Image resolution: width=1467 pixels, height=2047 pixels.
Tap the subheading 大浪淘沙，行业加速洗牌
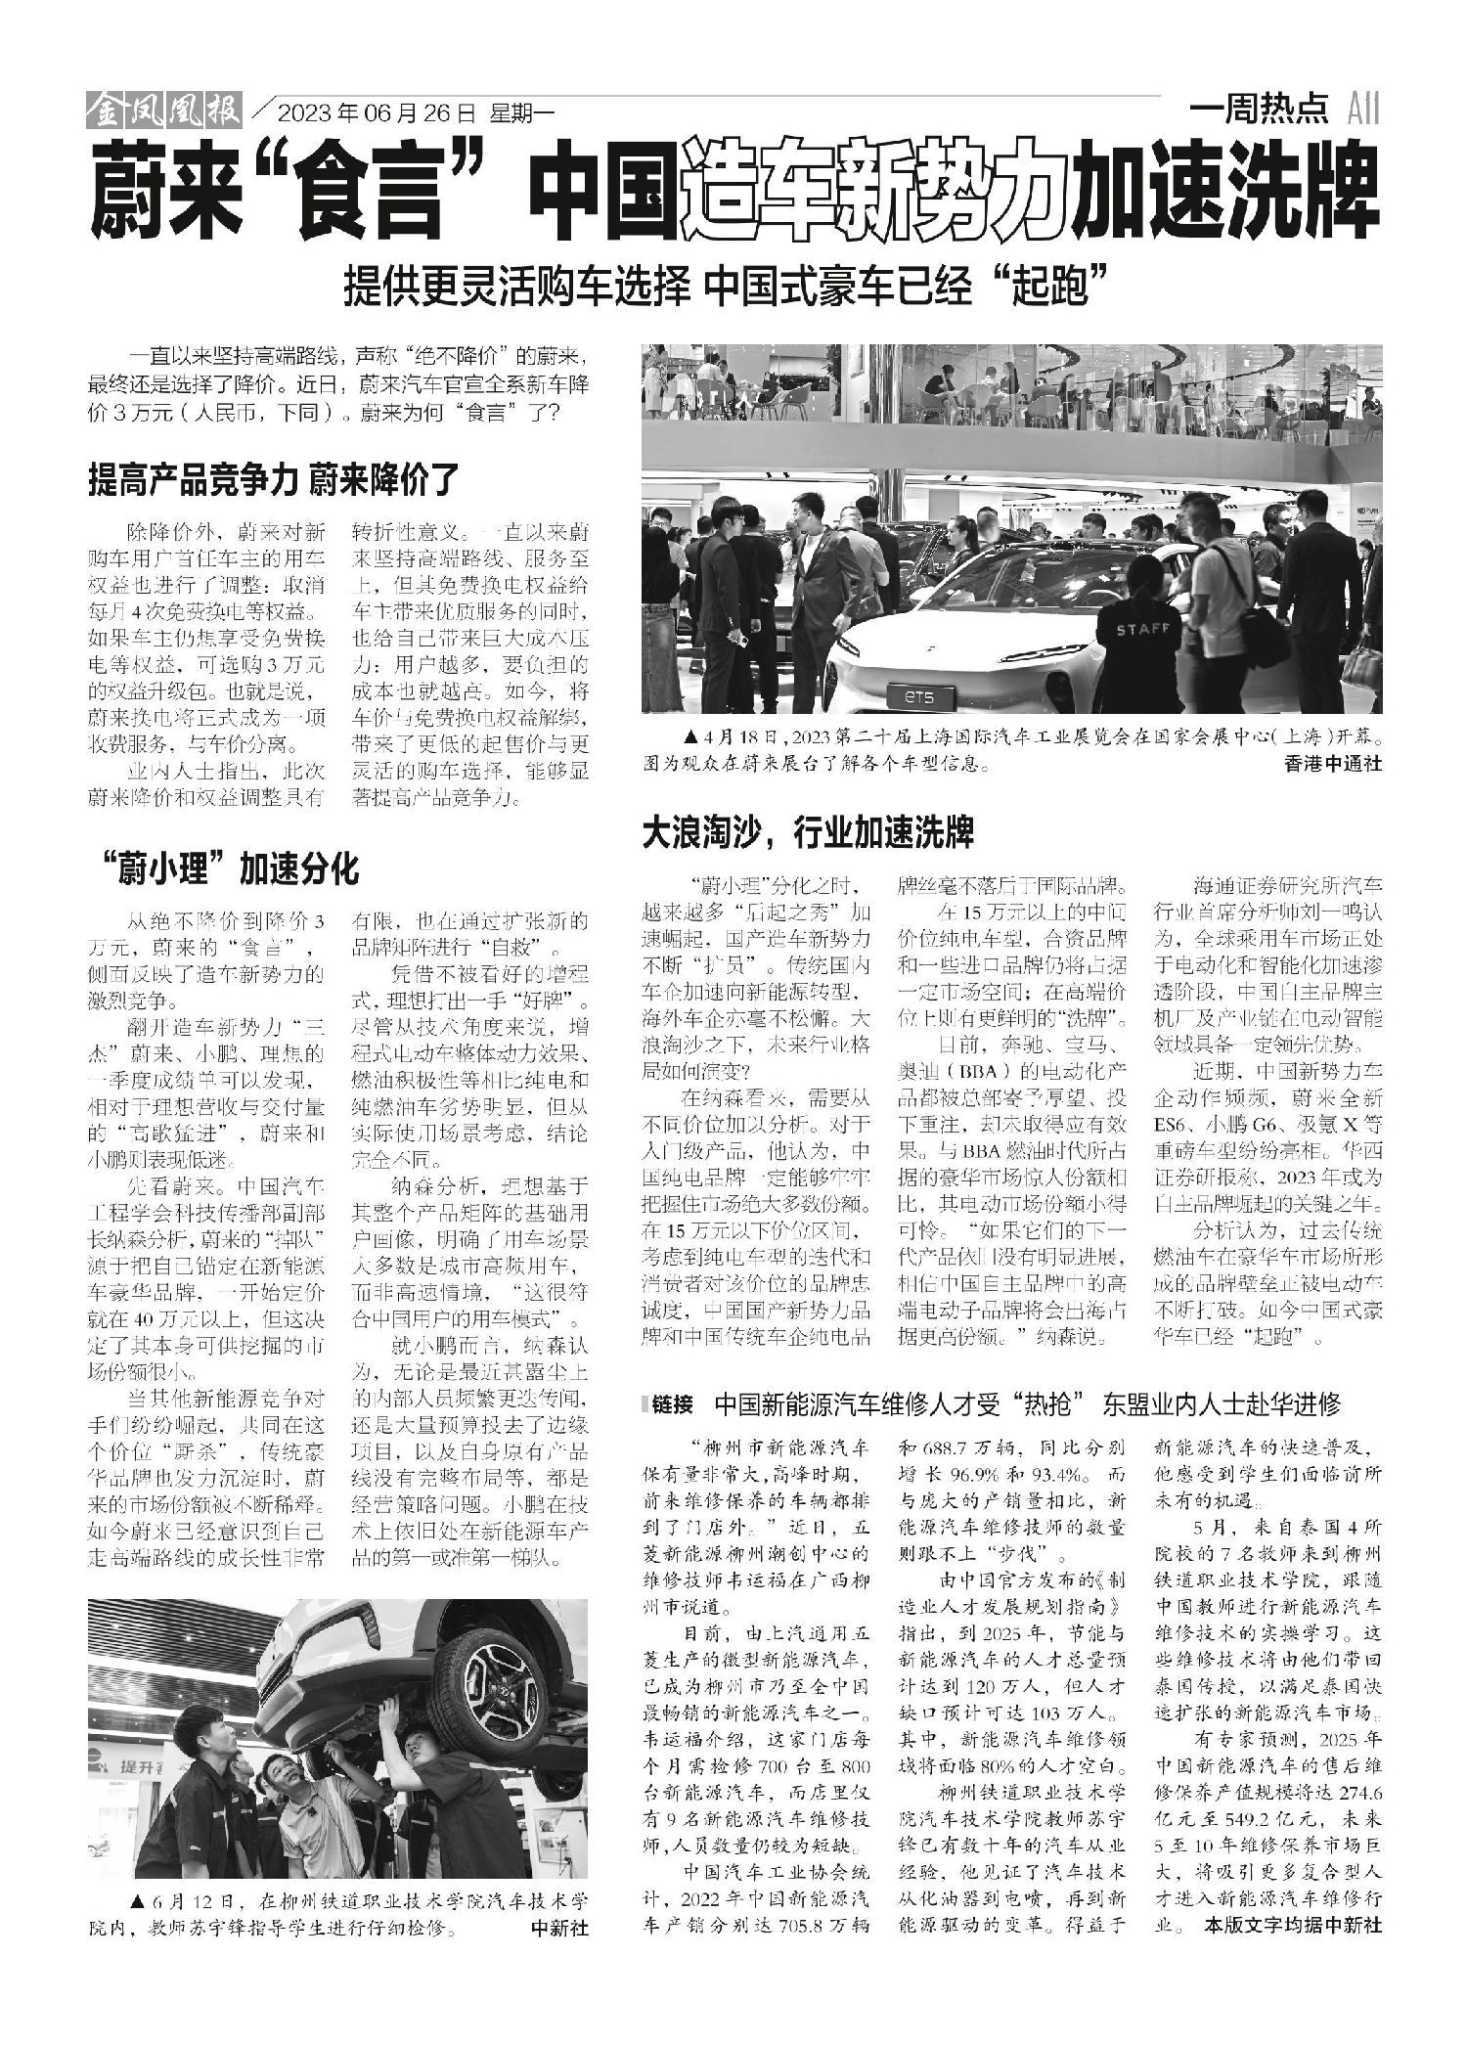pyautogui.click(x=808, y=833)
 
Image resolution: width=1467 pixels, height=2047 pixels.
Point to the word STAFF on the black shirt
pyautogui.click(x=1142, y=630)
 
